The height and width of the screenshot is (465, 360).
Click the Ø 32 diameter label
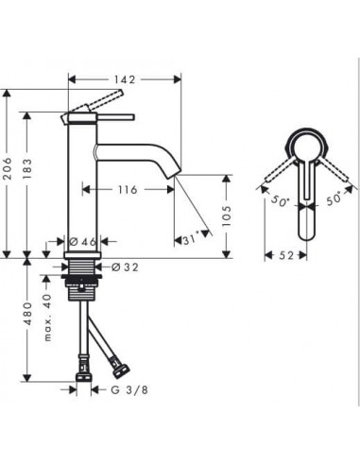[126, 267]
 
